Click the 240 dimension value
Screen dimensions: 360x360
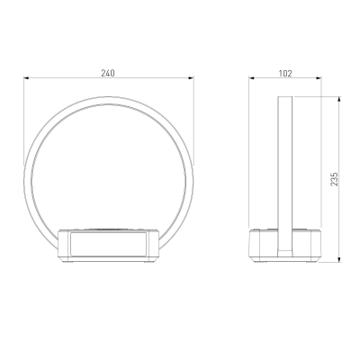click(x=108, y=73)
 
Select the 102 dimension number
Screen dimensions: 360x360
click(x=285, y=73)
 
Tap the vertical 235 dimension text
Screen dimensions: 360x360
click(x=334, y=179)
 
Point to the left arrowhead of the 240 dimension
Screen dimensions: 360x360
click(x=26, y=78)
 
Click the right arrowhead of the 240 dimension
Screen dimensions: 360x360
click(x=192, y=78)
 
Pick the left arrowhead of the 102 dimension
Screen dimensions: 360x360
click(x=251, y=78)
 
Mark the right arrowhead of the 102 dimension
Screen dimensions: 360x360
click(x=319, y=78)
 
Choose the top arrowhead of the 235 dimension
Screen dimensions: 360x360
click(x=339, y=99)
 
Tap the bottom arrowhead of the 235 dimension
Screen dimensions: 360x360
click(x=339, y=260)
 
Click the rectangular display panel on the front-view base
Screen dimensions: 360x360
click(x=108, y=244)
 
